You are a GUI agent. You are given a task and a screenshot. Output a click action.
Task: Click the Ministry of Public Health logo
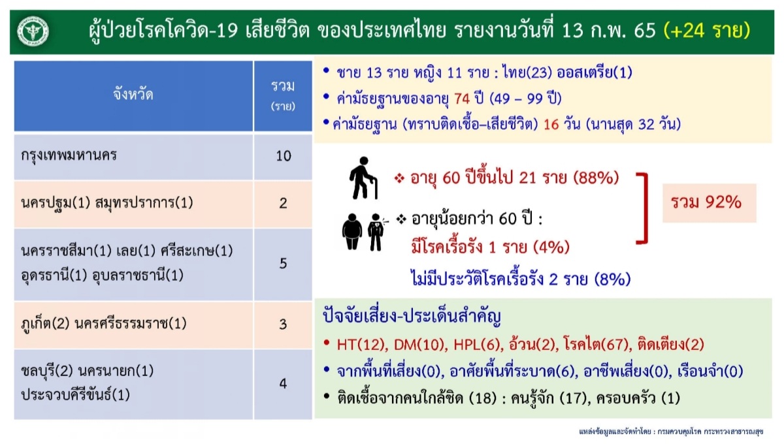(33, 31)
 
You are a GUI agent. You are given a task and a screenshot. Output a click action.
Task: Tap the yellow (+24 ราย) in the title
(707, 31)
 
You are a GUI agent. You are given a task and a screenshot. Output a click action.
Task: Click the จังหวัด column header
(133, 95)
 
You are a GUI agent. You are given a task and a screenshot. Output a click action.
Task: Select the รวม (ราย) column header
(283, 95)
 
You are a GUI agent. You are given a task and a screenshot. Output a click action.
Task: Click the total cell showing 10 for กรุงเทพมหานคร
(283, 156)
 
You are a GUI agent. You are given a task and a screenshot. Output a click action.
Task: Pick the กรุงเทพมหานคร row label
(69, 155)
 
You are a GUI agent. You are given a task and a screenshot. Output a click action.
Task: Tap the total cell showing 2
(283, 203)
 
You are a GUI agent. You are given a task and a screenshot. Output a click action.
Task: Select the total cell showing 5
(283, 264)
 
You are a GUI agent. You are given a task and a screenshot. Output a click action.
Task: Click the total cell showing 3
(283, 325)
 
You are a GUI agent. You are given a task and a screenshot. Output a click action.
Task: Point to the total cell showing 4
(283, 384)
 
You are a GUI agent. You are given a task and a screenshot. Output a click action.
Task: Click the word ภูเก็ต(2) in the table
(46, 324)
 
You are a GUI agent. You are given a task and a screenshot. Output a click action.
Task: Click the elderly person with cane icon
(364, 178)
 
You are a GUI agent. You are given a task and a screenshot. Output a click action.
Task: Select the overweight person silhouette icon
(352, 232)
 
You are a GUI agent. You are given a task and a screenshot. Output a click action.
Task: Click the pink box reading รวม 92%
(709, 203)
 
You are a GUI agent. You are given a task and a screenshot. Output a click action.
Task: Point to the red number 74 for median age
(462, 99)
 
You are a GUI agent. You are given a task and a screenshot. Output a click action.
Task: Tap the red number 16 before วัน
(551, 124)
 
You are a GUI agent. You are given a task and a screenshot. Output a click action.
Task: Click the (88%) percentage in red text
(596, 178)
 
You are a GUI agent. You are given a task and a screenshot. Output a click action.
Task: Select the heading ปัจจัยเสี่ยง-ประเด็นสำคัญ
(412, 317)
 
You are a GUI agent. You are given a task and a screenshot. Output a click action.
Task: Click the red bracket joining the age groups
(645, 208)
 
